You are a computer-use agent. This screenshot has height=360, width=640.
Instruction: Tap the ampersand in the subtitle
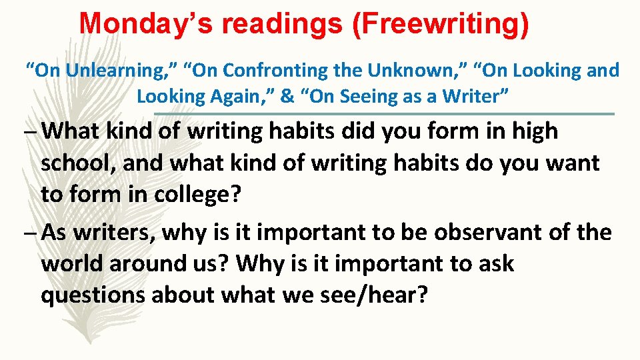[x=288, y=96]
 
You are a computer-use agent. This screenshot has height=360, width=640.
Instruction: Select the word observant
[x=489, y=232]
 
